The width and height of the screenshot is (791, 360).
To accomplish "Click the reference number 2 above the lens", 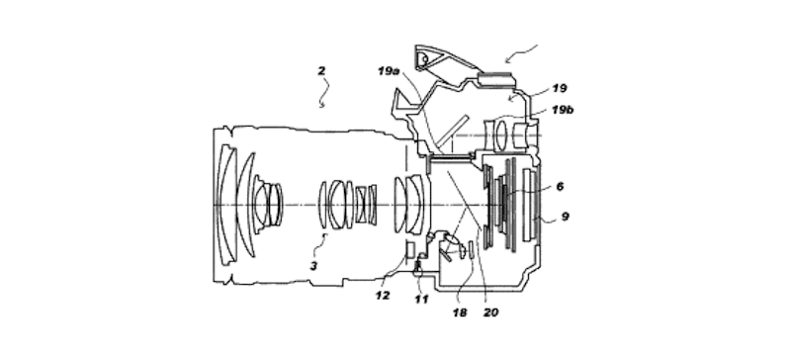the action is click(x=321, y=70).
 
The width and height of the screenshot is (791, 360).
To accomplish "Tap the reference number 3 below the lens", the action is click(x=313, y=266).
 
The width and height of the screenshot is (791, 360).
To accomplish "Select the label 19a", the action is click(x=389, y=71).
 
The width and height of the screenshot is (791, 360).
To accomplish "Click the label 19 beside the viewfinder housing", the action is click(x=560, y=88).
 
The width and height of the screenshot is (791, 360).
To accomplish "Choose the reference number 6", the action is click(x=560, y=186).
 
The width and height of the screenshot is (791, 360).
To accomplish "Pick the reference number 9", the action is click(x=565, y=217).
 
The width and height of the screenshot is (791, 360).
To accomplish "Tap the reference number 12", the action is click(x=383, y=296).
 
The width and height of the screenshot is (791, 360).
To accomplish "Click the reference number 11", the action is click(x=421, y=300).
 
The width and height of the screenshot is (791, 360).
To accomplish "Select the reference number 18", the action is click(x=460, y=314).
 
